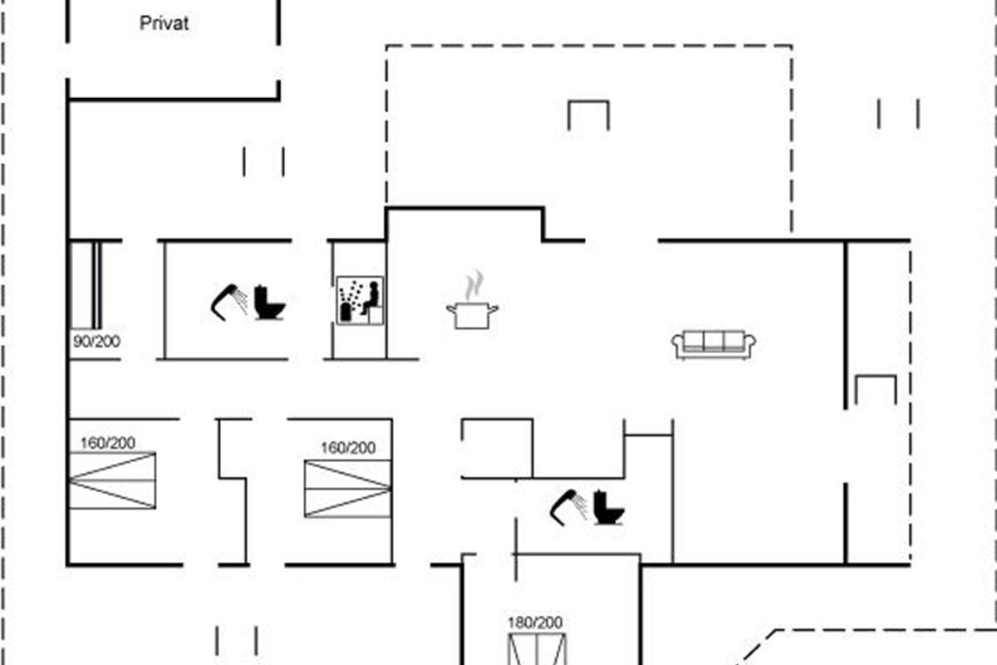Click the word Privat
pyautogui.click(x=164, y=23)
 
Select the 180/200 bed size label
pyautogui.click(x=535, y=622)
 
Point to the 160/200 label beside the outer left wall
pyautogui.click(x=108, y=442)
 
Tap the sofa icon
pyautogui.click(x=714, y=343)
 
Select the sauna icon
pyautogui.click(x=360, y=299)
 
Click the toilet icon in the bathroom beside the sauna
pyautogui.click(x=269, y=303)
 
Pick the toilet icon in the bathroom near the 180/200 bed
pyautogui.click(x=608, y=508)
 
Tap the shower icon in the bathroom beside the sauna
pyautogui.click(x=228, y=301)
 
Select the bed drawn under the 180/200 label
pyautogui.click(x=537, y=649)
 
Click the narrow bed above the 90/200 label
pyautogui.click(x=85, y=284)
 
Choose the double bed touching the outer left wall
pyautogui.click(x=111, y=480)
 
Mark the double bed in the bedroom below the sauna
pyautogui.click(x=347, y=489)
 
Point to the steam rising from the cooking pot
pyautogui.click(x=474, y=285)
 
